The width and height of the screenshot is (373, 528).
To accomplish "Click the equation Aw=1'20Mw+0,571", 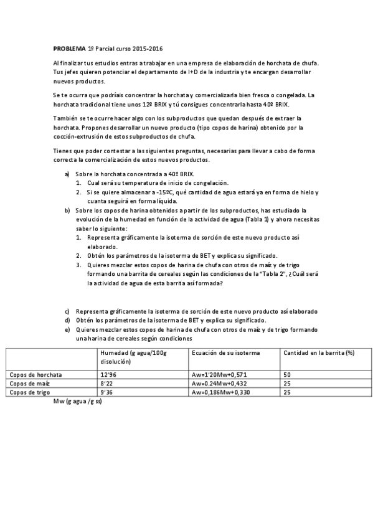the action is (220, 374).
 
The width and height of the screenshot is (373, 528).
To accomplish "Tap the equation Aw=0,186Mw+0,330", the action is (223, 393).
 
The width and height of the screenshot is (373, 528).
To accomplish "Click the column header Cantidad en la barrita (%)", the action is (318, 352).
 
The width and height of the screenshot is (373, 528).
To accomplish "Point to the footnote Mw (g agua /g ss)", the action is (78, 402).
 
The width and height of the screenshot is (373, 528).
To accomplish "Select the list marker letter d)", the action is (67, 320).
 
